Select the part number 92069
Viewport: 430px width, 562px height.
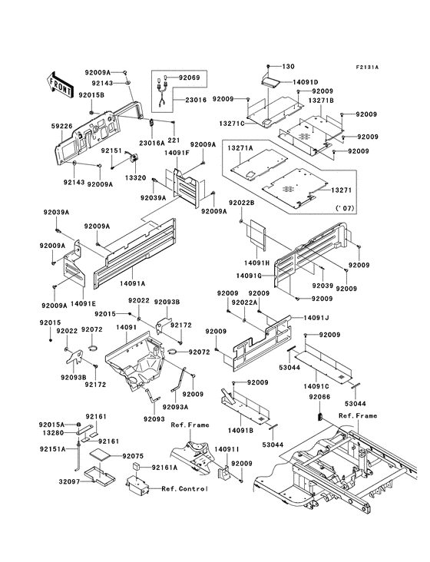(190, 78)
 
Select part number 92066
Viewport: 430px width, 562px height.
(320, 397)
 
